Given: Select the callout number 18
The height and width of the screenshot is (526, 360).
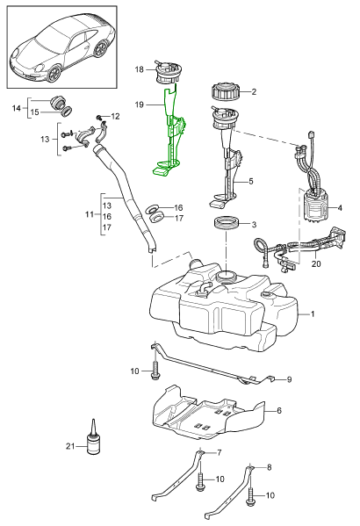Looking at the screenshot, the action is pos(140,69).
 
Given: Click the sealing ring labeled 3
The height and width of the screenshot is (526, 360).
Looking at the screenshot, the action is pos(227,224).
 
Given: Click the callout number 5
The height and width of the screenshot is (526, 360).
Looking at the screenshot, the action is pos(251,182).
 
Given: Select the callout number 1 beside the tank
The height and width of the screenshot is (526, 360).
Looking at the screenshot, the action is pos(313,314).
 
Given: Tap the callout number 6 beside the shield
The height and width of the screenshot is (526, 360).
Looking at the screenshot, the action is pos(279,410).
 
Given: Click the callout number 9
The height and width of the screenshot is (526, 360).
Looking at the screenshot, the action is pos(289,379).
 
